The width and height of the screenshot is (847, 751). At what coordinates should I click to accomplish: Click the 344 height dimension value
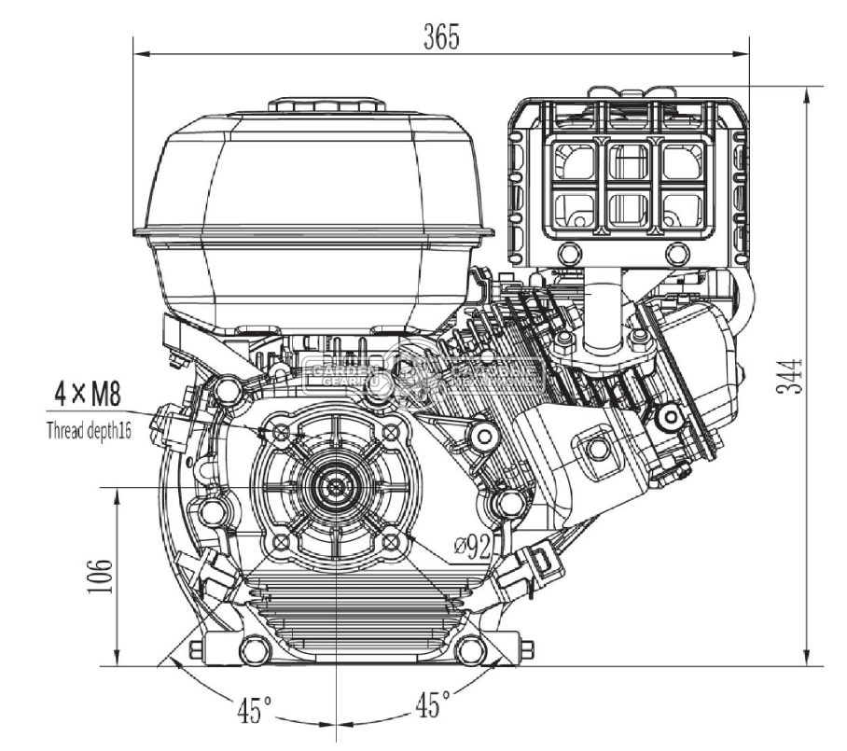point(788,375)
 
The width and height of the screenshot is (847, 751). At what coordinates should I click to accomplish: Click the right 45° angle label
point(432,704)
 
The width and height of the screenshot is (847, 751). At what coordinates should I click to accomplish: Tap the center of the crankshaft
point(334,487)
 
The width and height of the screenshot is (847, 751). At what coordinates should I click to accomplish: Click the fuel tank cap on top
point(327,104)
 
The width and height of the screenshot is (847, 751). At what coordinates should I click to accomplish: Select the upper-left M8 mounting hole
point(278,432)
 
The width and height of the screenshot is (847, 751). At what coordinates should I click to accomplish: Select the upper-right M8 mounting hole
point(392,432)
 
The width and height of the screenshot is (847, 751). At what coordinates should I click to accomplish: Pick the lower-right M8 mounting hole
point(392,542)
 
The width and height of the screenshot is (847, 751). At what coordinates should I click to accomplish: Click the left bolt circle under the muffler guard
point(567,254)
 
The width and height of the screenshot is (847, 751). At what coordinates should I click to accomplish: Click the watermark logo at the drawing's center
point(424,372)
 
